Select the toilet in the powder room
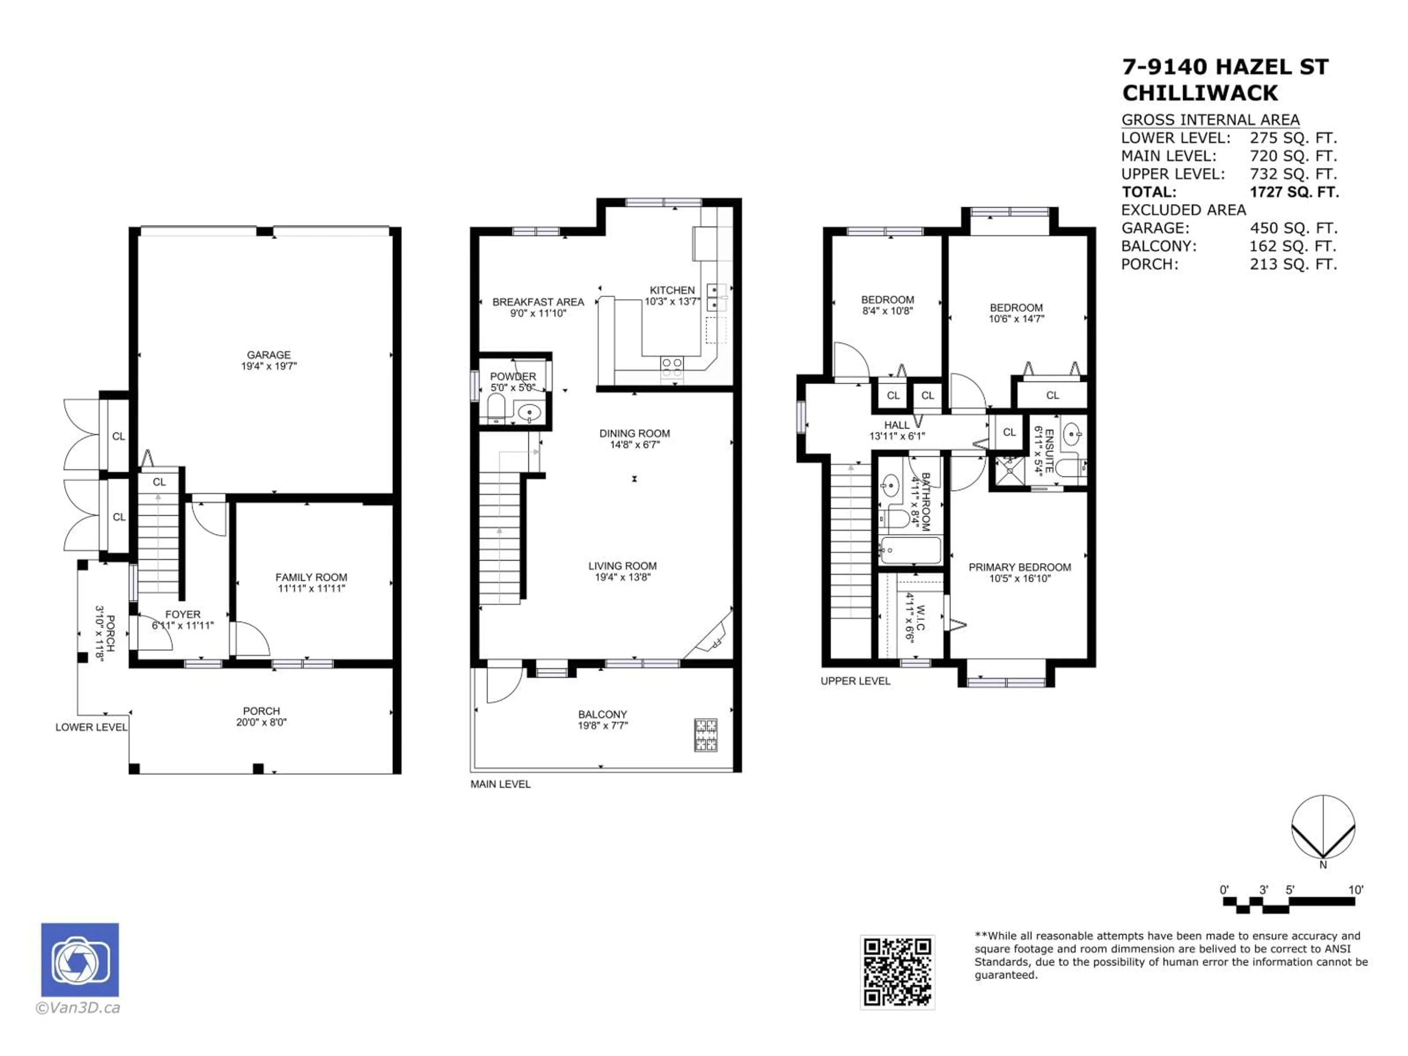496,407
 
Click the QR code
898,972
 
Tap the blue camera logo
80,960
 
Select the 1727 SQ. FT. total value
1294,192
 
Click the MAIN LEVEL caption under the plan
500,784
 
